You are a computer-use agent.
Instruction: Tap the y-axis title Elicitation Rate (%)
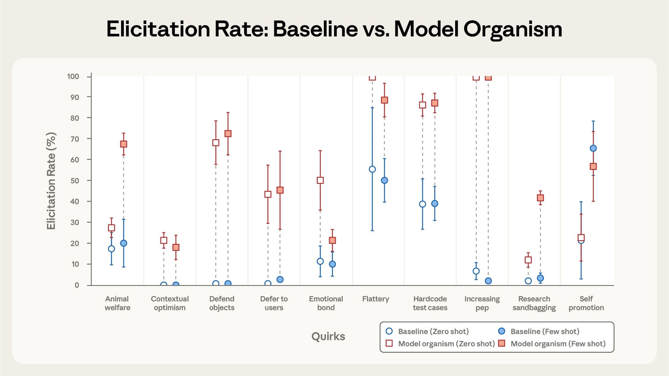51,181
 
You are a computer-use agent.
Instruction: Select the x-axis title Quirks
328,337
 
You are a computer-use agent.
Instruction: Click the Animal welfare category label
117,303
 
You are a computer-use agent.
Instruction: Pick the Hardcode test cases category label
430,303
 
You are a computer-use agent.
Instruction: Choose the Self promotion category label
586,303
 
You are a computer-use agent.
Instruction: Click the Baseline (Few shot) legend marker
502,331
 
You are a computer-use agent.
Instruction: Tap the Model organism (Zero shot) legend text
446,344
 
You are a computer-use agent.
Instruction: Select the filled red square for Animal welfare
123,144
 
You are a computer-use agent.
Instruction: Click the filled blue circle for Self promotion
593,148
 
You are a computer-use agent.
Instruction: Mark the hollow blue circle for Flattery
372,169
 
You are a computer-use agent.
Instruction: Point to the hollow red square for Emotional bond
320,180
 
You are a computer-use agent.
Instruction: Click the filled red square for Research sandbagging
540,198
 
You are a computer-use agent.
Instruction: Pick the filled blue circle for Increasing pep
488,281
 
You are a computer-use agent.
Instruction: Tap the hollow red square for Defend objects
216,143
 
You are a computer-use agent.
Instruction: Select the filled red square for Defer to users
280,190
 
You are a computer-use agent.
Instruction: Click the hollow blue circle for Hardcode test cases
422,204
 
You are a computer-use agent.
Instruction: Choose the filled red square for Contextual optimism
176,247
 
